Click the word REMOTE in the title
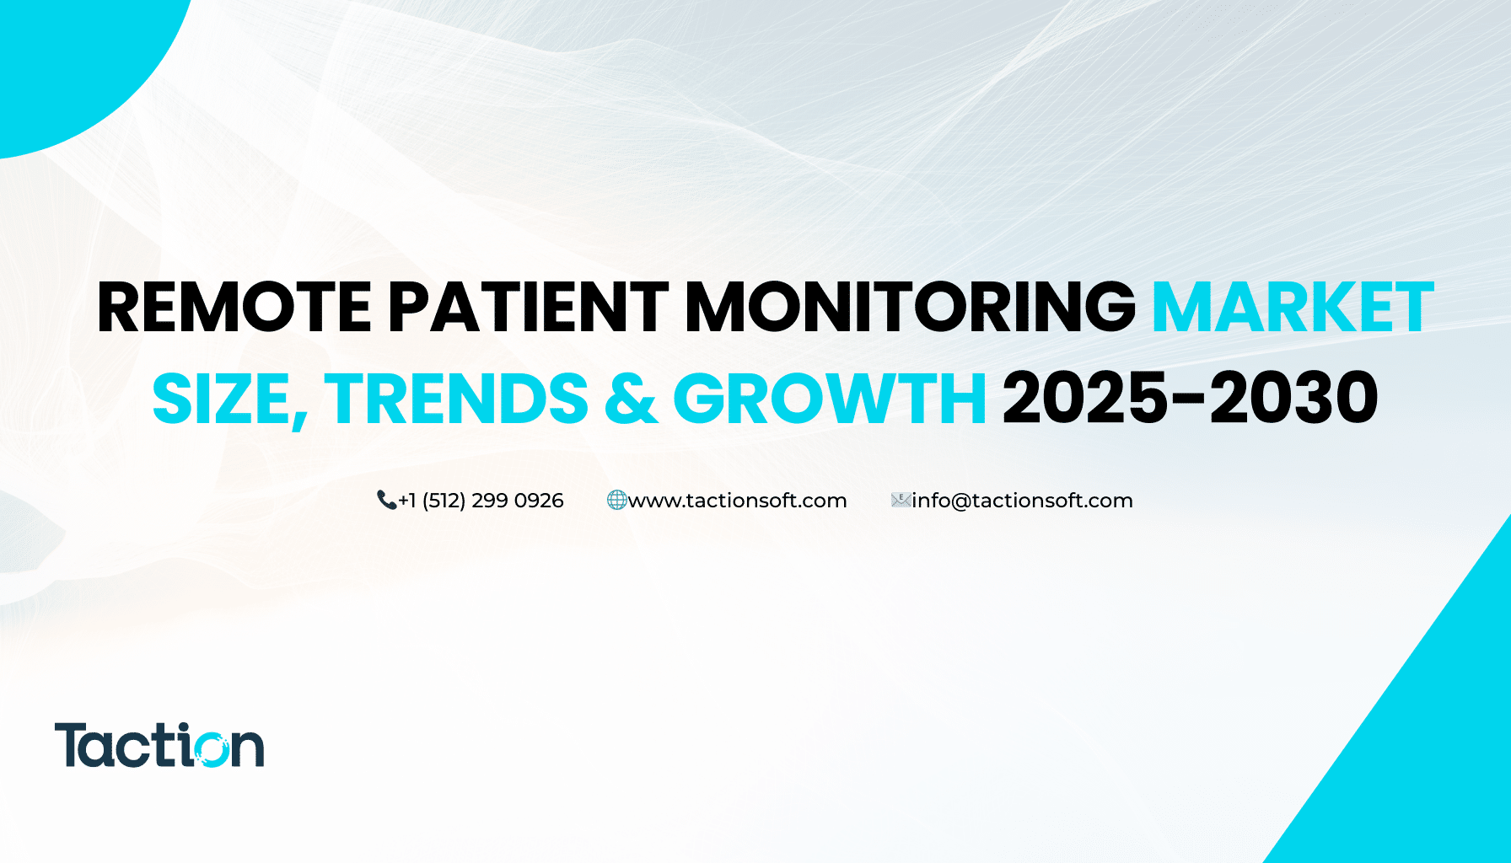coord(234,308)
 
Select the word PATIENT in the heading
coord(529,308)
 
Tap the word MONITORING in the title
coord(911,308)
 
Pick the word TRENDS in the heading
coord(456,399)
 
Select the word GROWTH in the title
coord(830,399)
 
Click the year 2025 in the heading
coord(1085,399)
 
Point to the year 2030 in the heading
coord(1294,399)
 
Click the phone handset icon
coord(386,501)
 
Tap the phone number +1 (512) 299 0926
coord(481,501)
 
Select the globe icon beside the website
coord(617,501)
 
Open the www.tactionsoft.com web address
coord(738,501)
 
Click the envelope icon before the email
coord(901,501)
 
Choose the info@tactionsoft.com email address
coord(1022,501)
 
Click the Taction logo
coord(159,745)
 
